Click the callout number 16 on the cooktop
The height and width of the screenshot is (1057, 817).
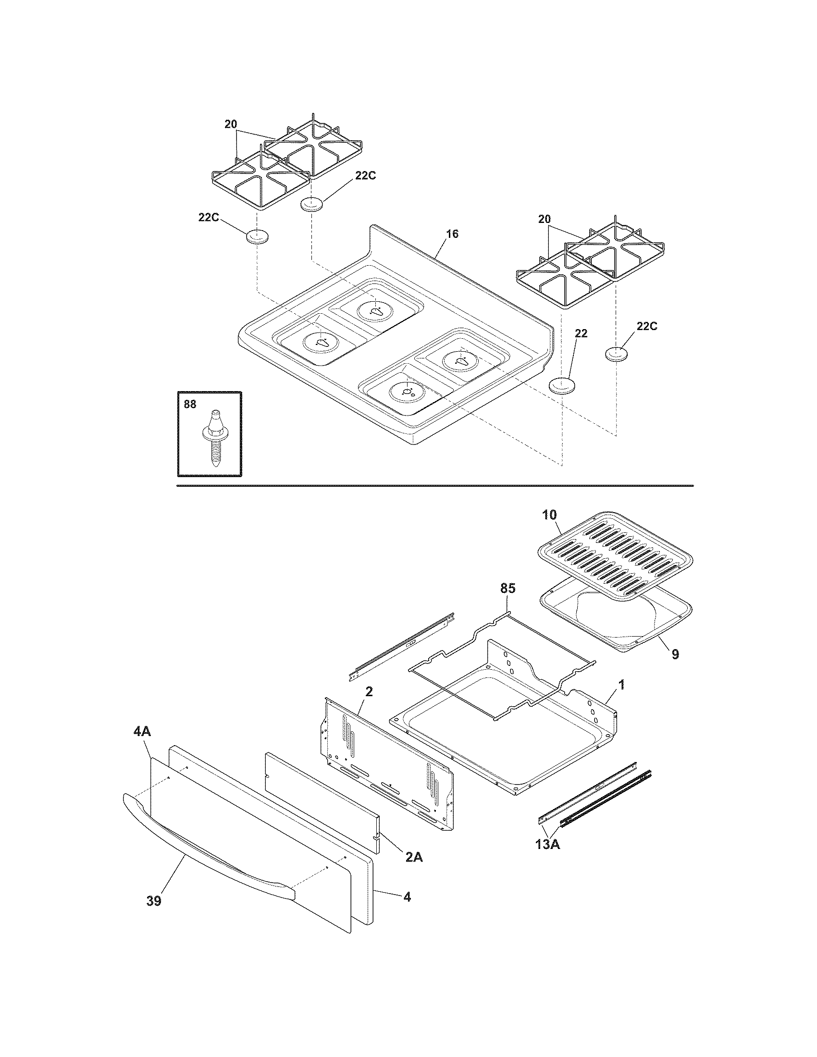[x=452, y=234]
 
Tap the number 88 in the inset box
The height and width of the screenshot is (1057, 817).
[x=190, y=404]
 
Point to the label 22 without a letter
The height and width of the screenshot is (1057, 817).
[x=581, y=333]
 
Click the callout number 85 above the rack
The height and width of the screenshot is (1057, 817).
[x=508, y=589]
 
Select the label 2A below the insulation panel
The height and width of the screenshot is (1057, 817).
[x=414, y=857]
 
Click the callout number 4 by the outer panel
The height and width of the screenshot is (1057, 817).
[x=407, y=897]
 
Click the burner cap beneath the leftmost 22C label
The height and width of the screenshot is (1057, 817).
[x=257, y=238]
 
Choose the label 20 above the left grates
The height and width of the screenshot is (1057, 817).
[x=231, y=124]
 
